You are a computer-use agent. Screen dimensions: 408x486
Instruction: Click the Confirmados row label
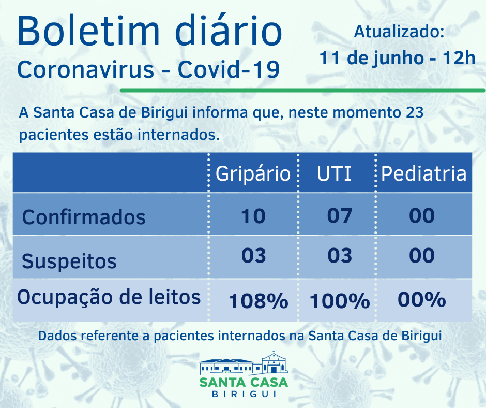(x=84, y=216)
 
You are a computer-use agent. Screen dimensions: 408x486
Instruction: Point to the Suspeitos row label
(x=69, y=261)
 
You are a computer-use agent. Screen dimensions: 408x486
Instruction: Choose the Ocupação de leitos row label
(x=109, y=297)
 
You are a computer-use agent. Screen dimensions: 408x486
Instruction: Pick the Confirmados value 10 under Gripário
(x=253, y=215)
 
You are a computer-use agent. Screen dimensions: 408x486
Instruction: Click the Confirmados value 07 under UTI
(x=340, y=215)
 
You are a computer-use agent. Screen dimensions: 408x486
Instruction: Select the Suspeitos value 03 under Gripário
(x=253, y=255)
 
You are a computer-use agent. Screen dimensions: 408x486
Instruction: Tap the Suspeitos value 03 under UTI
(x=340, y=255)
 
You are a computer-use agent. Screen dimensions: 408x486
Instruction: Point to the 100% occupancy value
(x=340, y=300)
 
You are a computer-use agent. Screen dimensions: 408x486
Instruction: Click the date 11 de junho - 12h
(x=397, y=57)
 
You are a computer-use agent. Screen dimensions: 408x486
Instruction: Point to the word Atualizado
(x=398, y=32)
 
